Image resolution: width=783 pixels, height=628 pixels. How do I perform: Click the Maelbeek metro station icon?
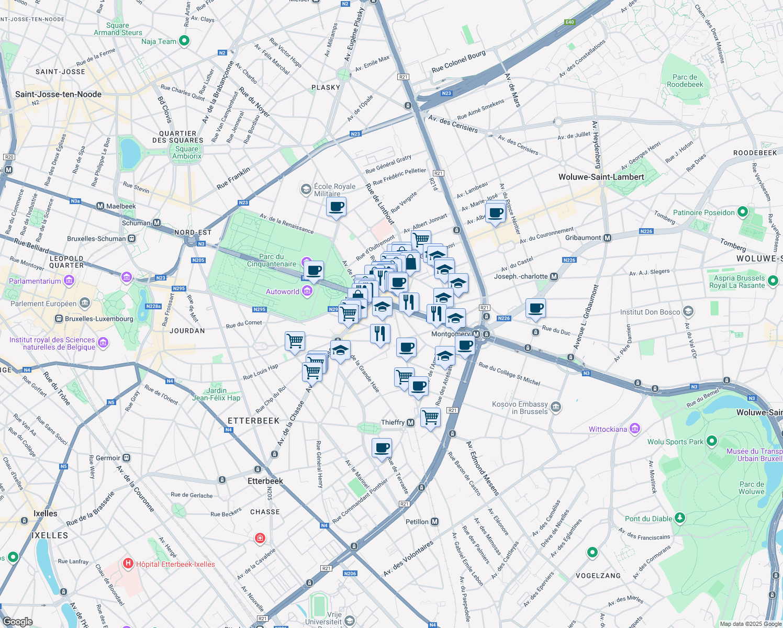click(x=100, y=206)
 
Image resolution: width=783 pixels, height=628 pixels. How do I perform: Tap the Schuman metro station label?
click(x=136, y=223)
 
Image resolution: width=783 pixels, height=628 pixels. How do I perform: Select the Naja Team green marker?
click(x=184, y=41)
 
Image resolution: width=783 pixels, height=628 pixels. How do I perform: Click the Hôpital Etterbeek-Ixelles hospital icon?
click(x=128, y=564)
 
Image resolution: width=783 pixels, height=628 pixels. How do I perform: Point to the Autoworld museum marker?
click(x=307, y=291)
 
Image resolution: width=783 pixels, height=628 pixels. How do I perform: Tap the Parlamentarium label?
click(x=35, y=281)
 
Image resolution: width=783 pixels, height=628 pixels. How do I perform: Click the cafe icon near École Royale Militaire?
click(x=336, y=207)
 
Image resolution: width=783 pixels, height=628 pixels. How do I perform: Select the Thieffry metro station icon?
click(x=410, y=422)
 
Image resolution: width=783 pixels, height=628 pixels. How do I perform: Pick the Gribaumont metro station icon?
click(x=607, y=238)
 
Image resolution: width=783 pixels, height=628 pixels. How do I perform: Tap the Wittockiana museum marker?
click(x=635, y=429)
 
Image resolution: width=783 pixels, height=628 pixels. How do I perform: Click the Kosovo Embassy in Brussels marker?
click(x=556, y=407)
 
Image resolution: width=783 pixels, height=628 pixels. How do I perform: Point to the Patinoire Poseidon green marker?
click(x=742, y=212)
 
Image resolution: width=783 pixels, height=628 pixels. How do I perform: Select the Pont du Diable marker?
click(x=679, y=518)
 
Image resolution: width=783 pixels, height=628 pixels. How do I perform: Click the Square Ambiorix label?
click(x=187, y=152)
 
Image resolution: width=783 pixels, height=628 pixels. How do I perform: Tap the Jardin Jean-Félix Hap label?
click(x=216, y=394)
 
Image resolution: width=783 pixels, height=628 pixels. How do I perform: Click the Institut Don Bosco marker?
click(x=688, y=312)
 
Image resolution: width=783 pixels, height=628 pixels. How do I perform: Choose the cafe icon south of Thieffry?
click(x=382, y=447)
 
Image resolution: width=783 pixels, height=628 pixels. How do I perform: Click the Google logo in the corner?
click(x=17, y=621)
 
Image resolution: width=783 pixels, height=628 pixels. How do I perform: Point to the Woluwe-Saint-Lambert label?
click(x=601, y=177)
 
